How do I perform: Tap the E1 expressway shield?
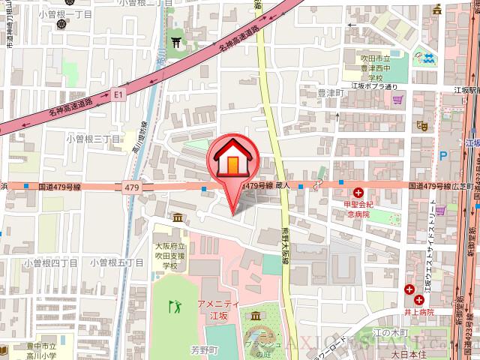coord(118,94)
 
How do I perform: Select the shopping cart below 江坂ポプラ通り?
coord(398,98)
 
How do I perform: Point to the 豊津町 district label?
coord(329,93)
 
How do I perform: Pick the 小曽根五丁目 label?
coord(116,262)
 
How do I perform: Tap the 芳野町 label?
coord(202,349)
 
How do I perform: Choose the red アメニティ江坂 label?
coord(217,308)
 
